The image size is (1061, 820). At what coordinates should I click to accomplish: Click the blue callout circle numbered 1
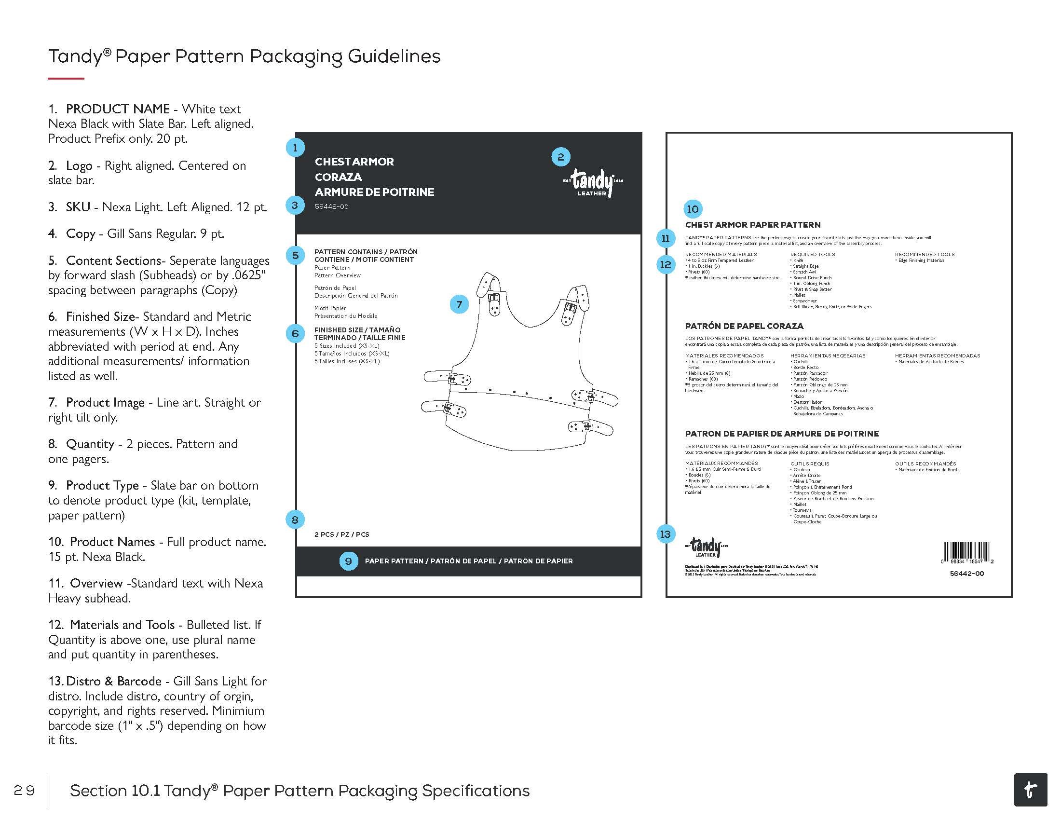pos(295,147)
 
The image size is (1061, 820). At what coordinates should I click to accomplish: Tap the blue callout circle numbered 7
pos(459,304)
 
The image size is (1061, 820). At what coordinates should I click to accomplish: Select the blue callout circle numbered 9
pos(348,561)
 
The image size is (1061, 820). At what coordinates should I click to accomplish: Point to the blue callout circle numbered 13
pos(665,534)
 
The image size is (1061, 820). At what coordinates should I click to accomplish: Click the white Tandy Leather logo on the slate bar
pos(592,183)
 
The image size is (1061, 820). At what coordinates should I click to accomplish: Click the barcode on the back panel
pos(967,553)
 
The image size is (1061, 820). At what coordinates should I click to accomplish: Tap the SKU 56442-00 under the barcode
pos(967,574)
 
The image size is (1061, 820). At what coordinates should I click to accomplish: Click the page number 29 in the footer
pos(24,791)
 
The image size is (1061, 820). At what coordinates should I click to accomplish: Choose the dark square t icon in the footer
pos(1031,790)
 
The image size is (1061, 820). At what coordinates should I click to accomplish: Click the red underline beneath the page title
pos(66,78)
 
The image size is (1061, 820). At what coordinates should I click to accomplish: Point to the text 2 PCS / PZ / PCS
pos(341,534)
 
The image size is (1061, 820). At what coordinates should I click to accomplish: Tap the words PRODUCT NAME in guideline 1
pos(118,109)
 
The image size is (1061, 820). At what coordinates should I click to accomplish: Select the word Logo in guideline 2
pos(79,165)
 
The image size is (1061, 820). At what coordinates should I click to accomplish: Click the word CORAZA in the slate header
pos(338,177)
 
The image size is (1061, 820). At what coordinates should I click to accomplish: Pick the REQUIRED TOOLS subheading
pos(812,255)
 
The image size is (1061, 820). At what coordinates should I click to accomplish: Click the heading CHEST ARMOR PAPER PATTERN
pos(752,225)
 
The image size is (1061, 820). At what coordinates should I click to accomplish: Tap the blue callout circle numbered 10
pos(692,209)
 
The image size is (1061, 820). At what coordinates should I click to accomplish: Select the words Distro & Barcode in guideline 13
pos(114,681)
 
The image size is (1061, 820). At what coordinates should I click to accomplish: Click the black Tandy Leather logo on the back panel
pos(705,547)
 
